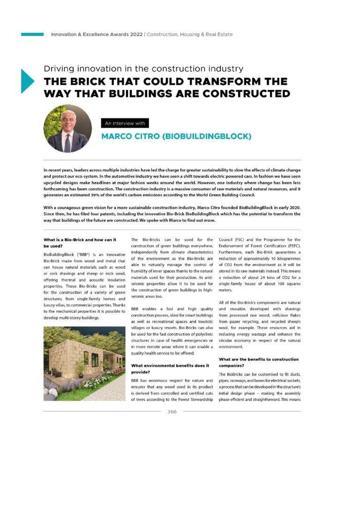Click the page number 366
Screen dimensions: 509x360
click(172, 412)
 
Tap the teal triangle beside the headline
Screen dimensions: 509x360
click(27, 81)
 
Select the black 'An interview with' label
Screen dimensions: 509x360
click(125, 123)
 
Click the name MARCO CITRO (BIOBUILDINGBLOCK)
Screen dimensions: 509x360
click(176, 137)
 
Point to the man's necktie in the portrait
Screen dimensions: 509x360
click(67, 142)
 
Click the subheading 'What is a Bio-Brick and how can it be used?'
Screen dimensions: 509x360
click(80, 243)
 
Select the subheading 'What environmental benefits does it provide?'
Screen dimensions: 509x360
click(170, 368)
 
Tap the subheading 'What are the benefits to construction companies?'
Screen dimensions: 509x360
click(259, 362)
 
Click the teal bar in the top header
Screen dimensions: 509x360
click(32, 34)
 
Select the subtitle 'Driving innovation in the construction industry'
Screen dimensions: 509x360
click(143, 68)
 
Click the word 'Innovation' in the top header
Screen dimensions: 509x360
click(66, 34)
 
